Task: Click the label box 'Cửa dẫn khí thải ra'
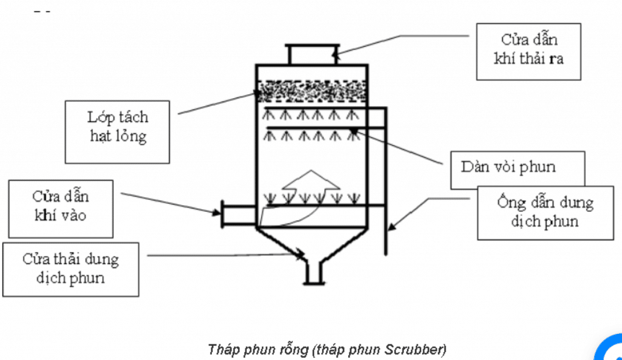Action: coord(528,52)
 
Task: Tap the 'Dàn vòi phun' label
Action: coord(517,168)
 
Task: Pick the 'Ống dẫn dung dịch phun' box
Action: coord(545,212)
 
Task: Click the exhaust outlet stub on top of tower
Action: coord(312,54)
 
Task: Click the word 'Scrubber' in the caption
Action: coord(414,349)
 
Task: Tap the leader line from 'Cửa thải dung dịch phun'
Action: coord(225,256)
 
